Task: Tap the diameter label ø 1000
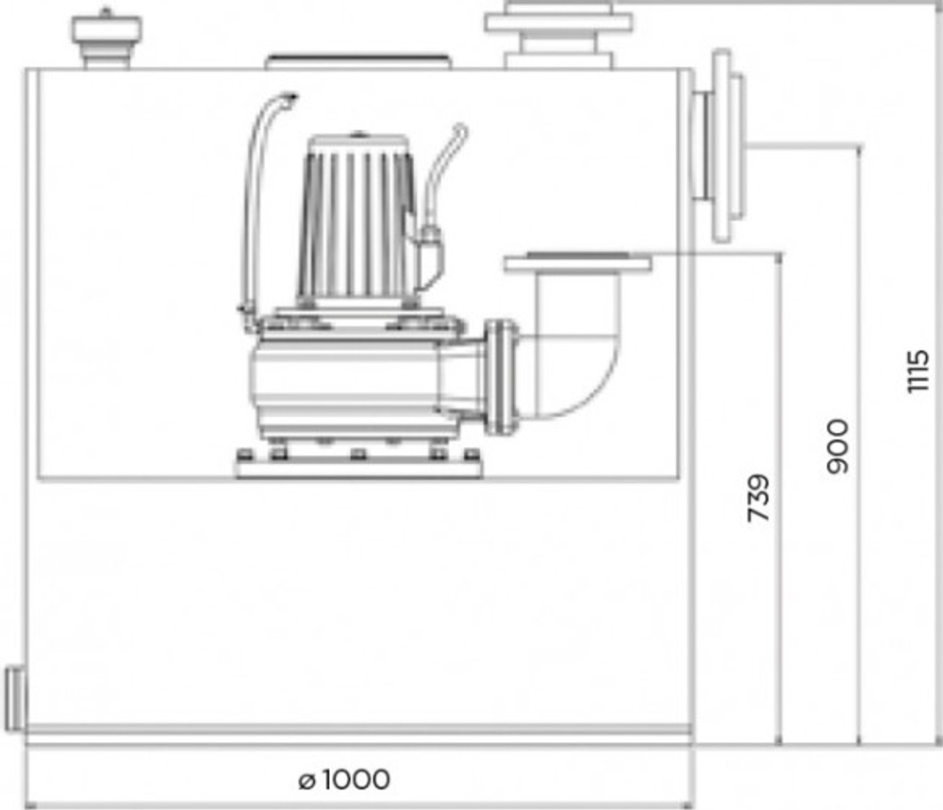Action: [x=343, y=780]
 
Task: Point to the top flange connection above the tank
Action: [x=558, y=33]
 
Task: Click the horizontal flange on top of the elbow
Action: [x=578, y=262]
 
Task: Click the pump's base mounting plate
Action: [x=358, y=465]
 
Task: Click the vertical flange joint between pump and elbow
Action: [x=502, y=375]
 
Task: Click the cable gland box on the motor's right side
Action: [x=430, y=250]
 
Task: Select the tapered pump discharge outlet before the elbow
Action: [x=464, y=377]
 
